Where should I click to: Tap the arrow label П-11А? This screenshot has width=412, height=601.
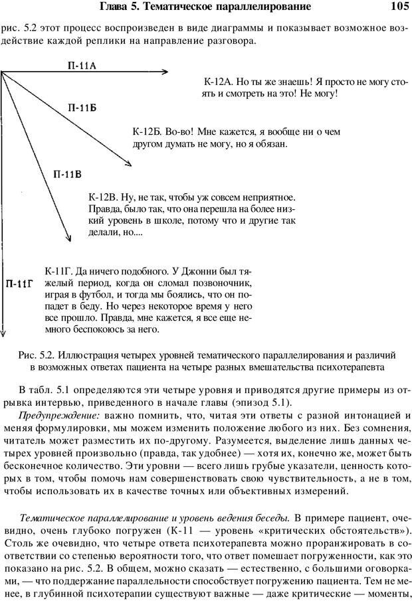(82, 65)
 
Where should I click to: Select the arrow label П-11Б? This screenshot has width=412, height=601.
(84, 107)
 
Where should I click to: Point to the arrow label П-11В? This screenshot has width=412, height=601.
(66, 175)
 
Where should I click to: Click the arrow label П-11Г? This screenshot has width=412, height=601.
(21, 284)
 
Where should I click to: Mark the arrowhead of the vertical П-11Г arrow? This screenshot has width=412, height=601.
(3, 335)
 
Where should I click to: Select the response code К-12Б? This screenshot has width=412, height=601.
(146, 131)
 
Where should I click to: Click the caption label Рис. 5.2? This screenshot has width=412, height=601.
(36, 356)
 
